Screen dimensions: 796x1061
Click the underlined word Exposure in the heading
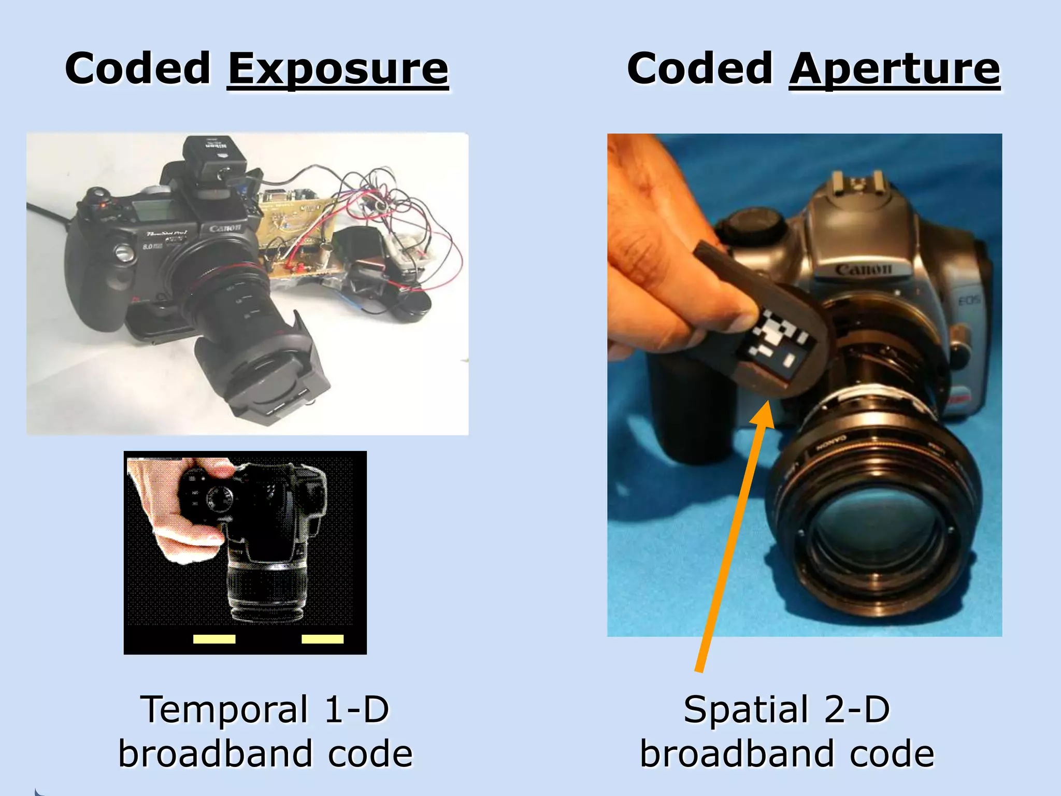click(x=338, y=70)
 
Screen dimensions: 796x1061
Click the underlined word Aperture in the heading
click(x=894, y=70)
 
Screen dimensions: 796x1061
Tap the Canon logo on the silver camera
click(x=864, y=269)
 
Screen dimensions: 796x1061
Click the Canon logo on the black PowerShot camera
click(x=225, y=228)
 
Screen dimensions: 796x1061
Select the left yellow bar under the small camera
click(x=214, y=639)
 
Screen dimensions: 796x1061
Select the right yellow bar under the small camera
click(x=322, y=639)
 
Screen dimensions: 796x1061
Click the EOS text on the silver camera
click(x=968, y=300)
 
